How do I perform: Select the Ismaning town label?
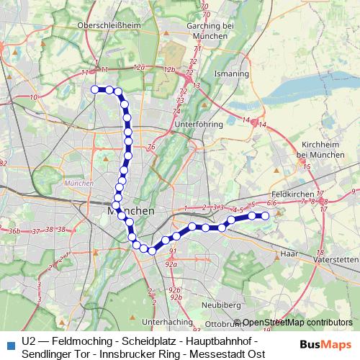[231, 73]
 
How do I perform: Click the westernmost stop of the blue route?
[94, 89]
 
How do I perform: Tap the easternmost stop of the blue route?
[264, 215]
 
